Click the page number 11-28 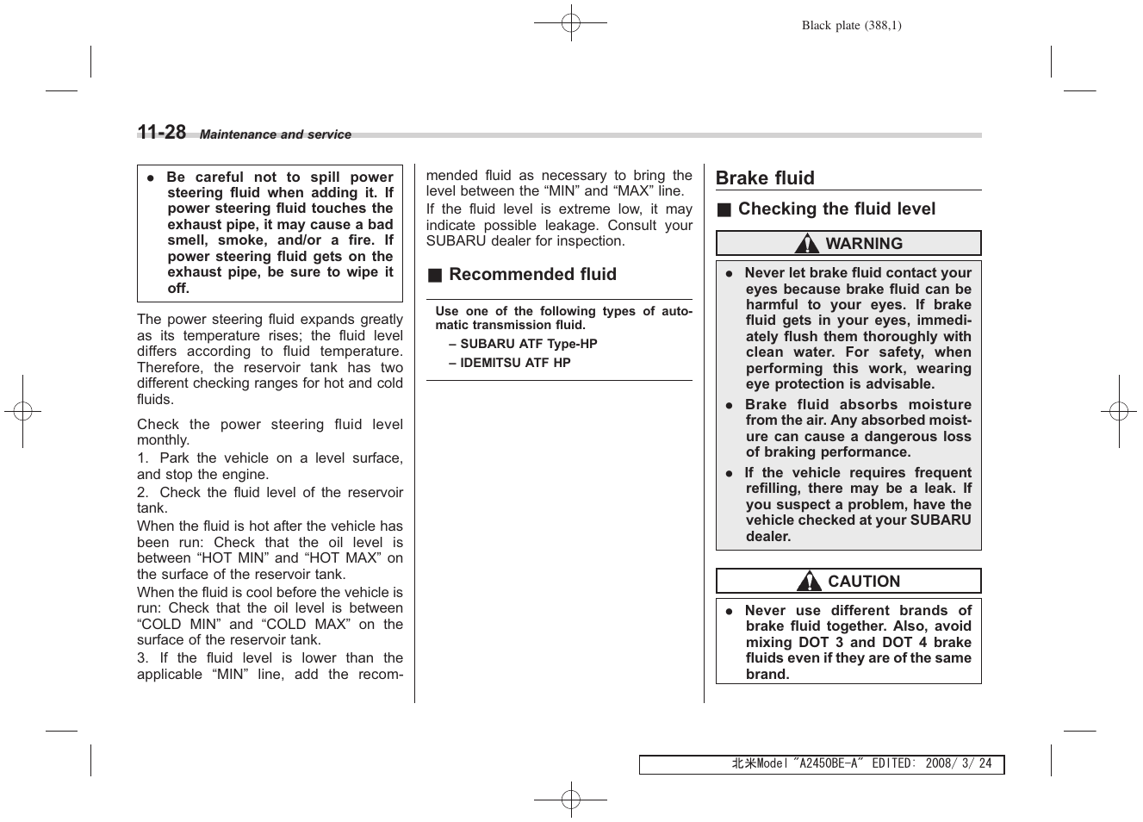(162, 132)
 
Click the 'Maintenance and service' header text (276, 134)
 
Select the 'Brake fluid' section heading (765, 178)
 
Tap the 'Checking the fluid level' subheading (836, 209)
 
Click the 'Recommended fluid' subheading (532, 275)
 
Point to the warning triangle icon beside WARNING (806, 244)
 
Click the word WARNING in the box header (864, 244)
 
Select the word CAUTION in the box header (864, 582)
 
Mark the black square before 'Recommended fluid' (435, 276)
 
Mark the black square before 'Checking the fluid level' (724, 210)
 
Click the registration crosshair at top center (570, 23)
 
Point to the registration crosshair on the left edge (23, 412)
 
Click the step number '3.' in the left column (143, 658)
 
